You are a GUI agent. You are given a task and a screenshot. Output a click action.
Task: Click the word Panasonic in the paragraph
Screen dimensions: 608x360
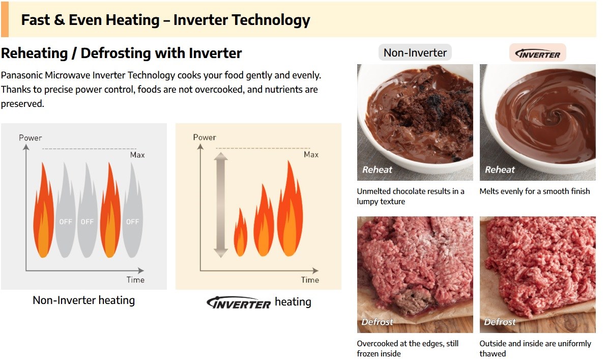point(22,75)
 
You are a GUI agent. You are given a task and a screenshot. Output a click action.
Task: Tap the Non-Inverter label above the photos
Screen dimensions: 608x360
point(415,52)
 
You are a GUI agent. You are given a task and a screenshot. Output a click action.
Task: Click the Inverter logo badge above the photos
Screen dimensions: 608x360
point(537,53)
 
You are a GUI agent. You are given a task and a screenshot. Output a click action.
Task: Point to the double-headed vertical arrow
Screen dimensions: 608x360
point(221,205)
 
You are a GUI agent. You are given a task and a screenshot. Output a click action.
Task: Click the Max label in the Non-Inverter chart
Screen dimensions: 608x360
point(137,155)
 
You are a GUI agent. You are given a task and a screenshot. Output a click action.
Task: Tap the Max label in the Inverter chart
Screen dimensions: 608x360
point(311,154)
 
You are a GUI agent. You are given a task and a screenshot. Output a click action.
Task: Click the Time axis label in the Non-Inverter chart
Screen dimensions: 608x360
point(135,280)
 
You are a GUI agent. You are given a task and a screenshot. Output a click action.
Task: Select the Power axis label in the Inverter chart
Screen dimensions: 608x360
point(205,137)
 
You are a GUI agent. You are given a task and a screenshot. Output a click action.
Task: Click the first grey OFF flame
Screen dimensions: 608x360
point(66,211)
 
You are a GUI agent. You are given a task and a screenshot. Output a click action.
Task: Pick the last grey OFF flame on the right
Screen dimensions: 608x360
point(133,211)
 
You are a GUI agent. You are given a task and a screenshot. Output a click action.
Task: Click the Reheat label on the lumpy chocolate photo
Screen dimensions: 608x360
point(377,170)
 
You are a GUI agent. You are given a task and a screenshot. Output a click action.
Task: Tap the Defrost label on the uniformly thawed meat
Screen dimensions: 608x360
point(500,322)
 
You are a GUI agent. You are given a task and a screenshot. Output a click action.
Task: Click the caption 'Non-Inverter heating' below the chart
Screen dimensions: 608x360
point(84,300)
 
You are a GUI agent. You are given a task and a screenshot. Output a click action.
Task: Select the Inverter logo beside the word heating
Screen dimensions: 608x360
point(239,303)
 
